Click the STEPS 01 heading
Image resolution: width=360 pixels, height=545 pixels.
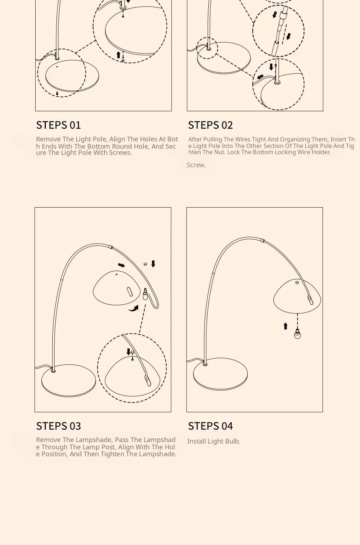pyautogui.click(x=59, y=125)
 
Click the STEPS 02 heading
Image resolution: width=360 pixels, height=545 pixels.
pyautogui.click(x=210, y=125)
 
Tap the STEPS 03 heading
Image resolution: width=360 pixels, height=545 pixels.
pyautogui.click(x=59, y=426)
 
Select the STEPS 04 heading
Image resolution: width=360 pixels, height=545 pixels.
pyautogui.click(x=210, y=426)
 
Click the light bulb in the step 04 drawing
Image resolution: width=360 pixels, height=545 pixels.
pyautogui.click(x=297, y=334)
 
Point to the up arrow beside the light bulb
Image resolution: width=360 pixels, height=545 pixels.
pyautogui.click(x=285, y=326)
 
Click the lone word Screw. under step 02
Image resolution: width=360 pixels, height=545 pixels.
pyautogui.click(x=196, y=165)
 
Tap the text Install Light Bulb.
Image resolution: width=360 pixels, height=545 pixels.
pyautogui.click(x=214, y=441)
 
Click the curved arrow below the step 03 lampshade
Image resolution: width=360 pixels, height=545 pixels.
pyautogui.click(x=133, y=309)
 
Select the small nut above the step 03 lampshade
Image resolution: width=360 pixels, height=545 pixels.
pyautogui.click(x=145, y=264)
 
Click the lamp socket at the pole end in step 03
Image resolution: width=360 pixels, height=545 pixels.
pyautogui.click(x=145, y=294)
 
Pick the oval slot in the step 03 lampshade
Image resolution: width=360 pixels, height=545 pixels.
pyautogui.click(x=129, y=292)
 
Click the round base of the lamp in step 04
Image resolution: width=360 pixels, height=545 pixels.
pyautogui.click(x=220, y=374)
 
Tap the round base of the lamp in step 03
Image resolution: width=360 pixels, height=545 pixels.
pyautogui.click(x=69, y=381)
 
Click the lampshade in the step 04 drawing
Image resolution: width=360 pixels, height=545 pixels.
pyautogui.click(x=297, y=296)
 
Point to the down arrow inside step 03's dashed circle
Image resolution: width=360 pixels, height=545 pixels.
pyautogui.click(x=128, y=352)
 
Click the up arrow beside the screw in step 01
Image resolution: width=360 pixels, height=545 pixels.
pyautogui.click(x=118, y=55)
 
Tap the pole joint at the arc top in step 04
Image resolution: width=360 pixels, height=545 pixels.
pyautogui.click(x=263, y=241)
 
